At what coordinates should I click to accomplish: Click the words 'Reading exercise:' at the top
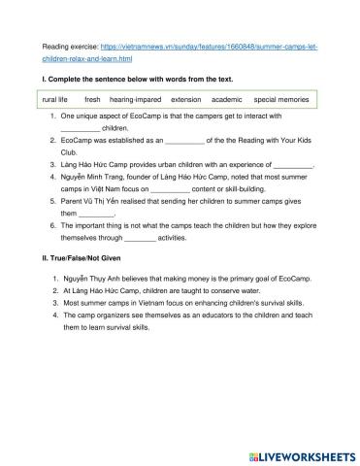70,46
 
